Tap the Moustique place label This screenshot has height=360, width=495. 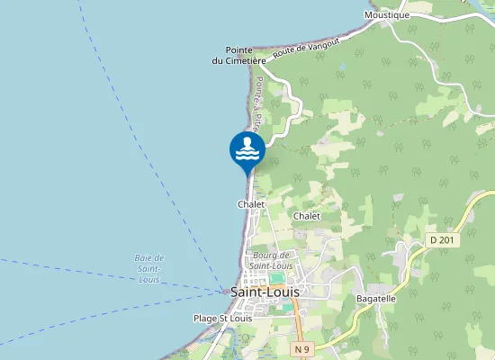387,15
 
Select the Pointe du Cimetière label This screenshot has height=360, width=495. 238,55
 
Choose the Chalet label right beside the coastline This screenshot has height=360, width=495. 251,204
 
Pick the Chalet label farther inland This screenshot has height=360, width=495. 307,216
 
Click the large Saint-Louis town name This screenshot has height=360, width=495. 265,292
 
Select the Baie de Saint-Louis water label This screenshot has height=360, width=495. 149,268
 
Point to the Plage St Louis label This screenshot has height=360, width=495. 223,318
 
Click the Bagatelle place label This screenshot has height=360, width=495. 376,298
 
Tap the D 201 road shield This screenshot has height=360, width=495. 442,239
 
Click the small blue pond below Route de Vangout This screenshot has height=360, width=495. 341,67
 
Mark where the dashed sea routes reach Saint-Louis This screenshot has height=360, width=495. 225,290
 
